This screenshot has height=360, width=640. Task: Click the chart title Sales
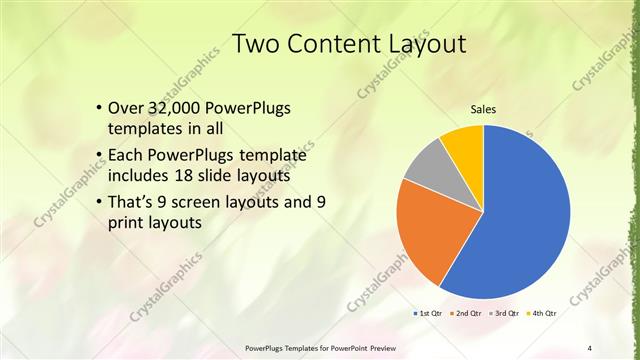click(x=483, y=109)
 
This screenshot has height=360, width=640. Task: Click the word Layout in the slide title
click(x=423, y=45)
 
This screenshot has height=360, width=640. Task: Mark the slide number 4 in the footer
click(x=590, y=348)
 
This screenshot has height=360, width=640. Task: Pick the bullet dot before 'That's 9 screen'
click(x=98, y=202)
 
